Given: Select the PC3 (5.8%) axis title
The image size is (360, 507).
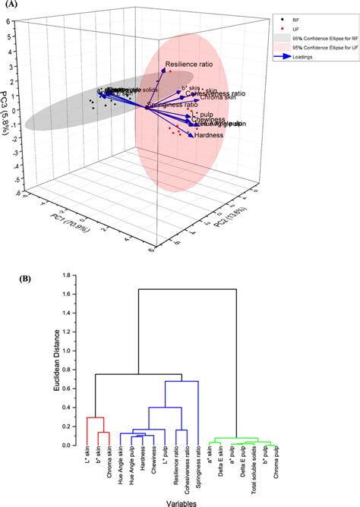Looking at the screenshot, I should (x=7, y=99).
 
